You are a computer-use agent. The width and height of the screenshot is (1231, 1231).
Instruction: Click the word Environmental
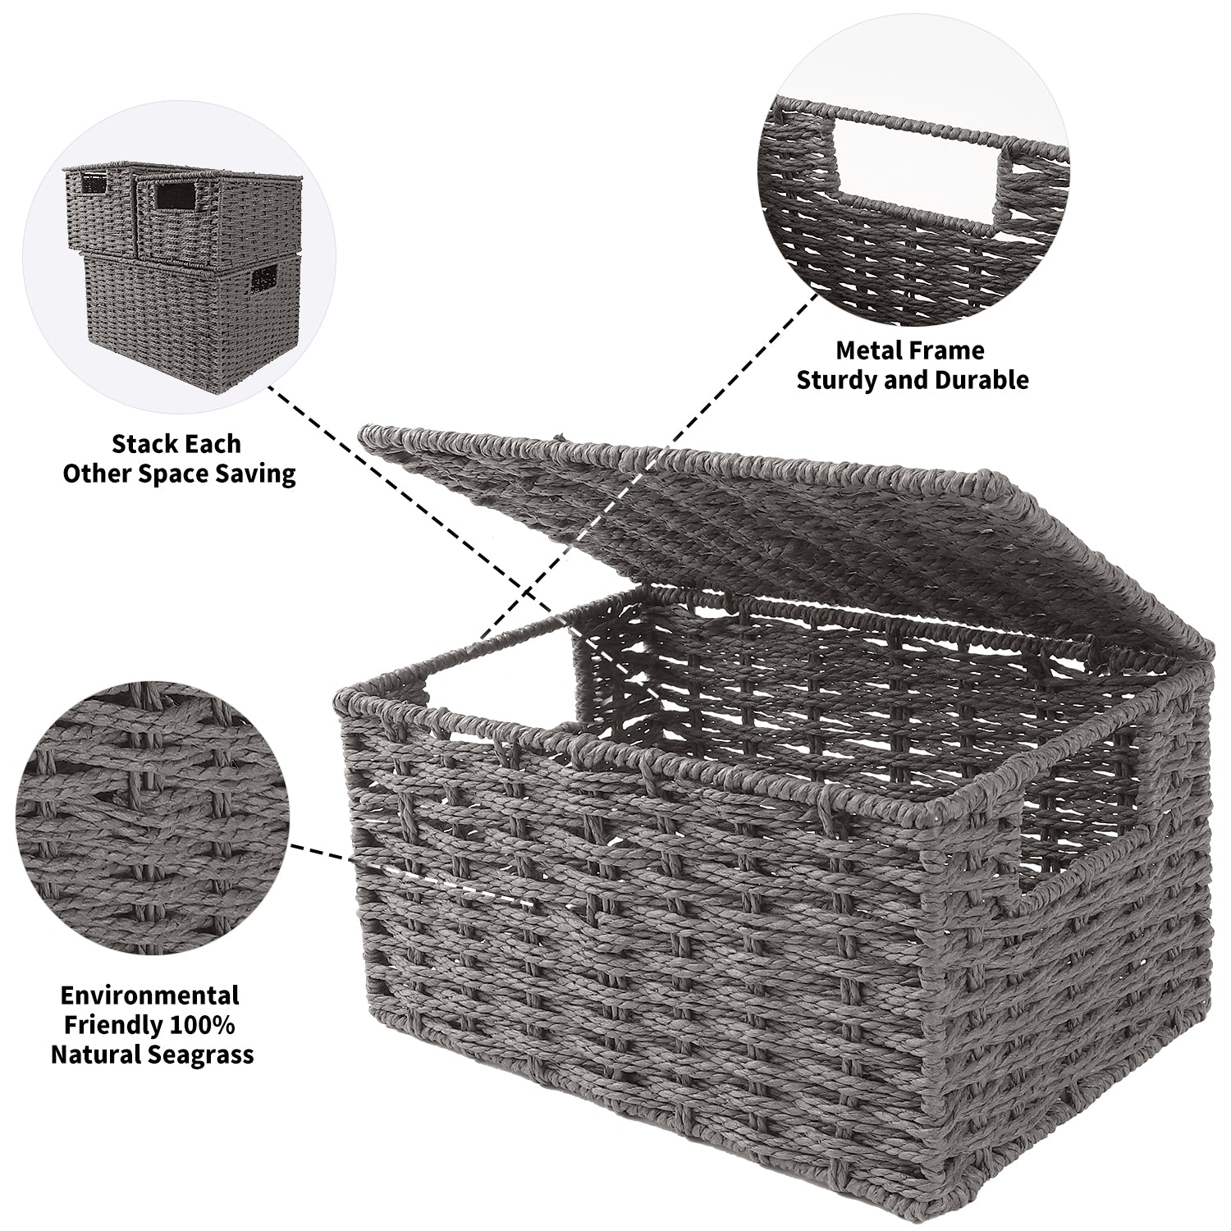coord(149,995)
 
